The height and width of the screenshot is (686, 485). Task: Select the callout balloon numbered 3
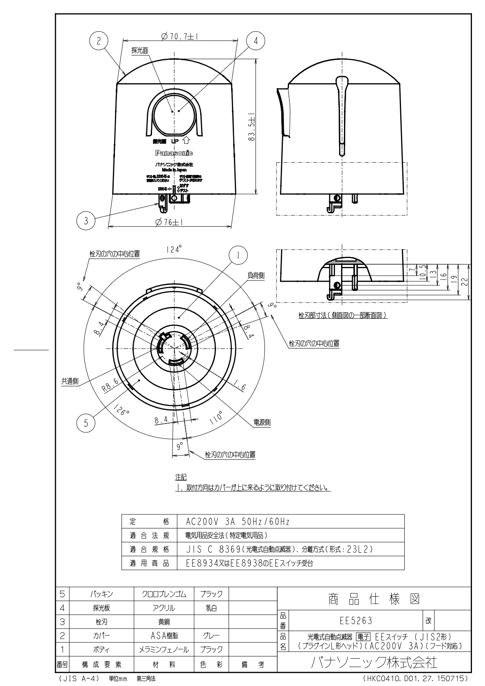click(86, 221)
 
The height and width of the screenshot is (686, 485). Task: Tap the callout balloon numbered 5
click(86, 423)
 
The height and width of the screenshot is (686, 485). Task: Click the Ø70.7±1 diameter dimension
click(179, 36)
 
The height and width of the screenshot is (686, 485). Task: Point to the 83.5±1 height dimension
click(251, 126)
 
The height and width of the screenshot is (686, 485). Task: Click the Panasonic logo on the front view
click(174, 153)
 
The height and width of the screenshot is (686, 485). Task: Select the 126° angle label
click(122, 409)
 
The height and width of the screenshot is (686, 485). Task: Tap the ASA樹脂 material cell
click(164, 635)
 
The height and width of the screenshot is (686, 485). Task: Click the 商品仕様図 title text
click(374, 599)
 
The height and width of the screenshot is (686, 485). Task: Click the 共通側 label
click(70, 382)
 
